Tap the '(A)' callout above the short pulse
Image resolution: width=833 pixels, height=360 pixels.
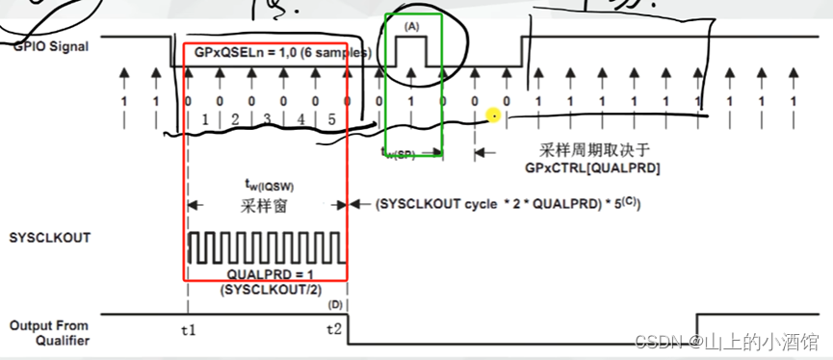(412, 28)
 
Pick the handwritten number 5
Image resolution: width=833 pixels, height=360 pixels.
(332, 120)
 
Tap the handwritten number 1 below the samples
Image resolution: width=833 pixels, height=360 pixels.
(204, 120)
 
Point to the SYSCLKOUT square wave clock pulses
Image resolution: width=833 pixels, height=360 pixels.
(267, 247)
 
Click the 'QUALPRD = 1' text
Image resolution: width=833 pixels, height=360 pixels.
(265, 274)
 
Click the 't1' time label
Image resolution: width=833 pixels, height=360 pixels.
(188, 330)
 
